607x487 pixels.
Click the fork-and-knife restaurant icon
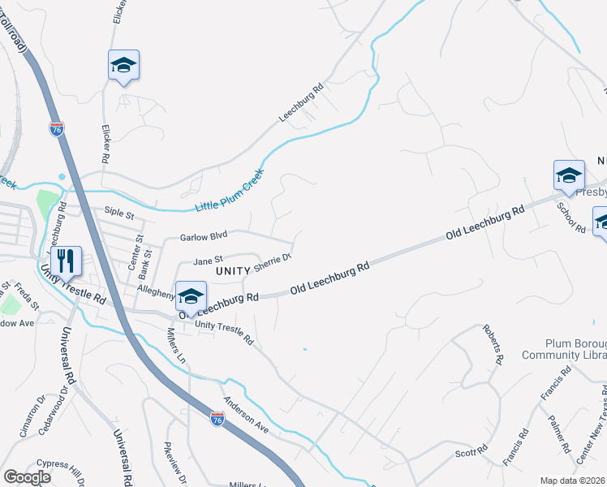tap(67, 261)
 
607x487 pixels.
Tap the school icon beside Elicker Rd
tap(123, 65)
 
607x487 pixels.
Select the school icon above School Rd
tap(569, 175)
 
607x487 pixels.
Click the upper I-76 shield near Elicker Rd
tap(56, 129)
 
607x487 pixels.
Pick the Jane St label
tap(208, 261)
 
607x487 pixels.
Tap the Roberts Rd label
tap(493, 343)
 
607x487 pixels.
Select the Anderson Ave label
tap(247, 413)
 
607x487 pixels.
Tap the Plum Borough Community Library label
tap(557, 348)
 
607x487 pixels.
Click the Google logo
tap(27, 477)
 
